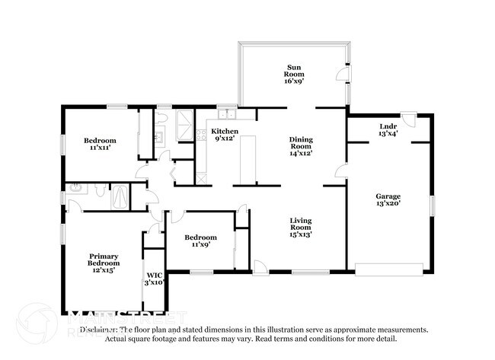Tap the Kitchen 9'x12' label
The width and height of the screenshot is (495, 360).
tap(225, 135)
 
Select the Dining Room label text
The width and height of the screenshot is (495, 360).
tap(301, 146)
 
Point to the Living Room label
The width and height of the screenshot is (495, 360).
tap(300, 228)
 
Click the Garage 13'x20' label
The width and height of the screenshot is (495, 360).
tap(387, 200)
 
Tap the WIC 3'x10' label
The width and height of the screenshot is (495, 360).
tap(155, 279)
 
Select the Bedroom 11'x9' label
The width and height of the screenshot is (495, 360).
tap(201, 241)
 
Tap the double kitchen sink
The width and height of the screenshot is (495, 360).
tap(226, 115)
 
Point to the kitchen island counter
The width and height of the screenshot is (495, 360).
tap(247, 161)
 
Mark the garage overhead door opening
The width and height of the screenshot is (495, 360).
tap(389, 268)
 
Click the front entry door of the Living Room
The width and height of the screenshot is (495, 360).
tap(261, 266)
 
